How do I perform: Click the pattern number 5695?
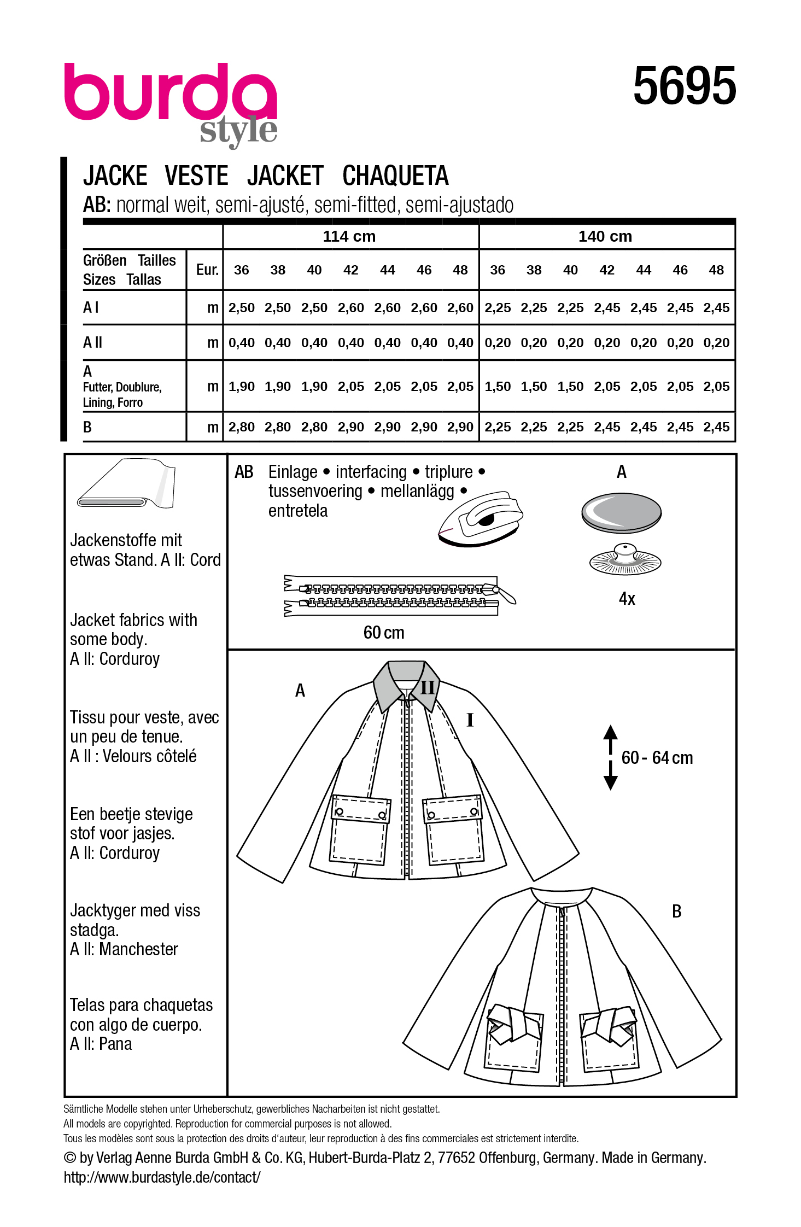pos(684,86)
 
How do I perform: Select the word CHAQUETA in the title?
pos(395,176)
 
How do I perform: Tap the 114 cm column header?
pos(349,237)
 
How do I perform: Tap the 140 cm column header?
pos(605,237)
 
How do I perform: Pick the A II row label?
pos(92,343)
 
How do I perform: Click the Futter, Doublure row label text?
pos(122,387)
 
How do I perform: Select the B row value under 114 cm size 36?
pos(241,427)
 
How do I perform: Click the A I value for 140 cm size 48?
pos(716,308)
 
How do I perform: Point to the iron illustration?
pos(481,518)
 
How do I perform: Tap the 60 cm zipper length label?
pos(383,633)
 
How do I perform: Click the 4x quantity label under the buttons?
pos(627,599)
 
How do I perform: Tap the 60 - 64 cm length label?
pos(657,758)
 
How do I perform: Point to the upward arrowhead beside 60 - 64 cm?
pos(610,732)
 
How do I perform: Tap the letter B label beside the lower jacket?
pos(676,912)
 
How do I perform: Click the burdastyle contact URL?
pos(162,1177)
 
